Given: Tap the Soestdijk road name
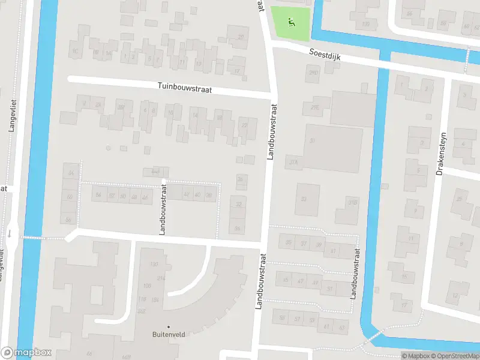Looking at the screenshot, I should pyautogui.click(x=325, y=54).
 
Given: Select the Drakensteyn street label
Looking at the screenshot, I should pyautogui.click(x=443, y=153).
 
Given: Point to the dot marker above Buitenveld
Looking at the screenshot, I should pyautogui.click(x=168, y=326).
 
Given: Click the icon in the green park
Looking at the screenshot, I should pyautogui.click(x=291, y=23).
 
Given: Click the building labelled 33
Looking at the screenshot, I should pyautogui.click(x=304, y=199).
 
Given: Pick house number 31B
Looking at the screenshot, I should pyautogui.click(x=353, y=202).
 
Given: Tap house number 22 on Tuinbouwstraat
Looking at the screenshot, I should pyautogui.click(x=244, y=125).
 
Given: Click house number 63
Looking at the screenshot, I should pyautogui.click(x=341, y=327).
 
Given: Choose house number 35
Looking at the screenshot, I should pyautogui.click(x=289, y=243).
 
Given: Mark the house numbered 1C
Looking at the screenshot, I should pyautogui.click(x=76, y=51).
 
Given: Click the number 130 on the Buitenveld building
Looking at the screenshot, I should pyautogui.click(x=154, y=264).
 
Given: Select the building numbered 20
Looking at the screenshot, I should pyautogui.click(x=241, y=37).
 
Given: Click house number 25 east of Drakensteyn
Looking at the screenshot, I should pyautogui.click(x=461, y=199).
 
